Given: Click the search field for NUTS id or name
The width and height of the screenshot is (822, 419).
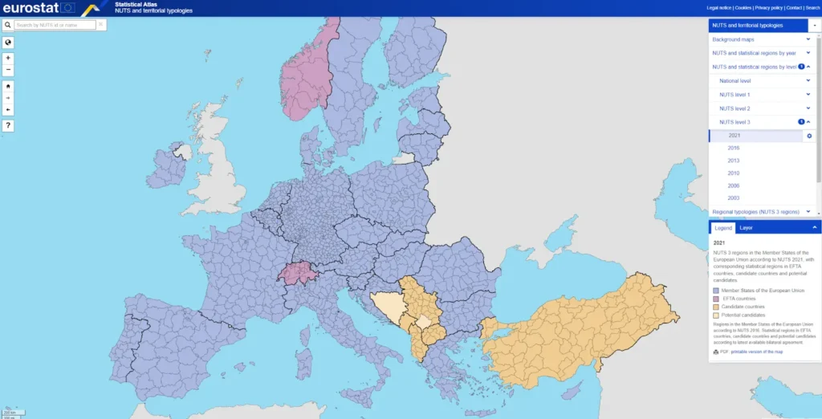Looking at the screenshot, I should [55, 25].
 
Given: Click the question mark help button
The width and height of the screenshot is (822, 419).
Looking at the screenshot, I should [8, 125].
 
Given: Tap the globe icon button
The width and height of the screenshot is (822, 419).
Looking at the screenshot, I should [8, 43].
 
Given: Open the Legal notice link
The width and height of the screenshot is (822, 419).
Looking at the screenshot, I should [718, 7].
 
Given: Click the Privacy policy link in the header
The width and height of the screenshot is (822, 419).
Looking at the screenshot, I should [768, 7].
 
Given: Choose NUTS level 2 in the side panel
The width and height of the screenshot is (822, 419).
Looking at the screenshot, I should [735, 108].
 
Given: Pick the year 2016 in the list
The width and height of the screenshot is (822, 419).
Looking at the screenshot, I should [734, 148].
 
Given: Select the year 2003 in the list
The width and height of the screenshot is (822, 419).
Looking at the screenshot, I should [734, 198].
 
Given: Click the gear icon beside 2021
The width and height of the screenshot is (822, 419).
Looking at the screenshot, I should [809, 136].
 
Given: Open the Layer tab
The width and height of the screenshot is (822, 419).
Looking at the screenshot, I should [746, 228].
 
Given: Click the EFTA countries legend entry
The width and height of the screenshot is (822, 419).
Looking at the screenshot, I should [739, 299].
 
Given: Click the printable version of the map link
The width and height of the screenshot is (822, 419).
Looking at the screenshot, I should [755, 352].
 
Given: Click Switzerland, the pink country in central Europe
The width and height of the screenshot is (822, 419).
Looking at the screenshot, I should [294, 272].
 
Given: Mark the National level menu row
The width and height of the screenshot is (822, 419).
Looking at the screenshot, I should [735, 81].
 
